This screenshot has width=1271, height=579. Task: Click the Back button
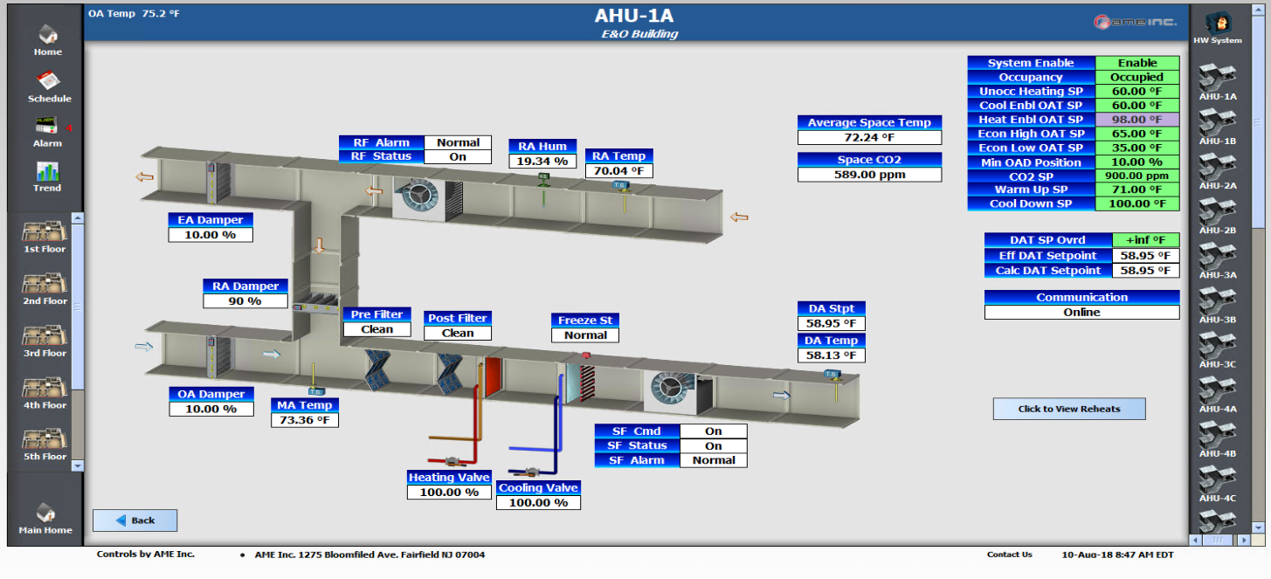tap(135, 520)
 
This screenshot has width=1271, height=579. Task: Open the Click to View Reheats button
tap(1068, 409)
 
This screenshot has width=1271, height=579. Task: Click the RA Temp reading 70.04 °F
tap(618, 171)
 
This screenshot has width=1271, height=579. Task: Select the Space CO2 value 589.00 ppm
tap(869, 175)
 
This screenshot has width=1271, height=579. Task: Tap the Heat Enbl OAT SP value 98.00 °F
tap(1136, 120)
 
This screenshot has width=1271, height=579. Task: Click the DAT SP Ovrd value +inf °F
tap(1145, 240)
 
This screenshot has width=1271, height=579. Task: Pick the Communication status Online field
tap(1081, 312)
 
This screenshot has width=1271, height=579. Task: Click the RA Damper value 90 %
tap(245, 301)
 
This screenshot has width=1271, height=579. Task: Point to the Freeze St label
tap(584, 321)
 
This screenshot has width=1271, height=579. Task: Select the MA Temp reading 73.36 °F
tap(304, 420)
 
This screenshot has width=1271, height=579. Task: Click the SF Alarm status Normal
tap(713, 460)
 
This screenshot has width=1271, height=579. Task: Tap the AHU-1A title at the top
tap(634, 16)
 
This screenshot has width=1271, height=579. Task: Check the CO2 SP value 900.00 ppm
tap(1136, 176)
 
